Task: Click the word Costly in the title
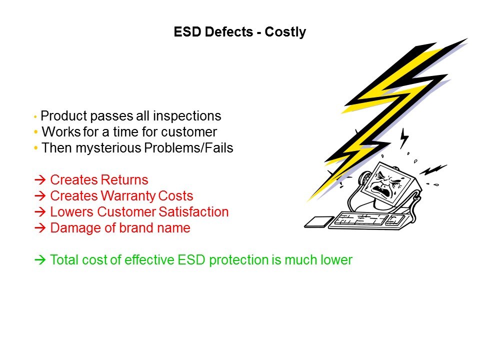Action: [285, 32]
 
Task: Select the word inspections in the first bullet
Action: [187, 116]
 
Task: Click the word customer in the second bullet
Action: [189, 132]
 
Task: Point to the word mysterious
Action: [108, 148]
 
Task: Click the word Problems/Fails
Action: [188, 148]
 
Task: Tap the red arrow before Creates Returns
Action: [40, 179]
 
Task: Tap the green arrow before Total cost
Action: [40, 260]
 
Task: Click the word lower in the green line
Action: [336, 260]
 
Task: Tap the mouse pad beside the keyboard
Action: [319, 222]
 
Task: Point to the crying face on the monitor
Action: [385, 183]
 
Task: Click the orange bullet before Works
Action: [36, 132]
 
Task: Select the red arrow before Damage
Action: [40, 228]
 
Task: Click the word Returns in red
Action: [124, 179]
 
